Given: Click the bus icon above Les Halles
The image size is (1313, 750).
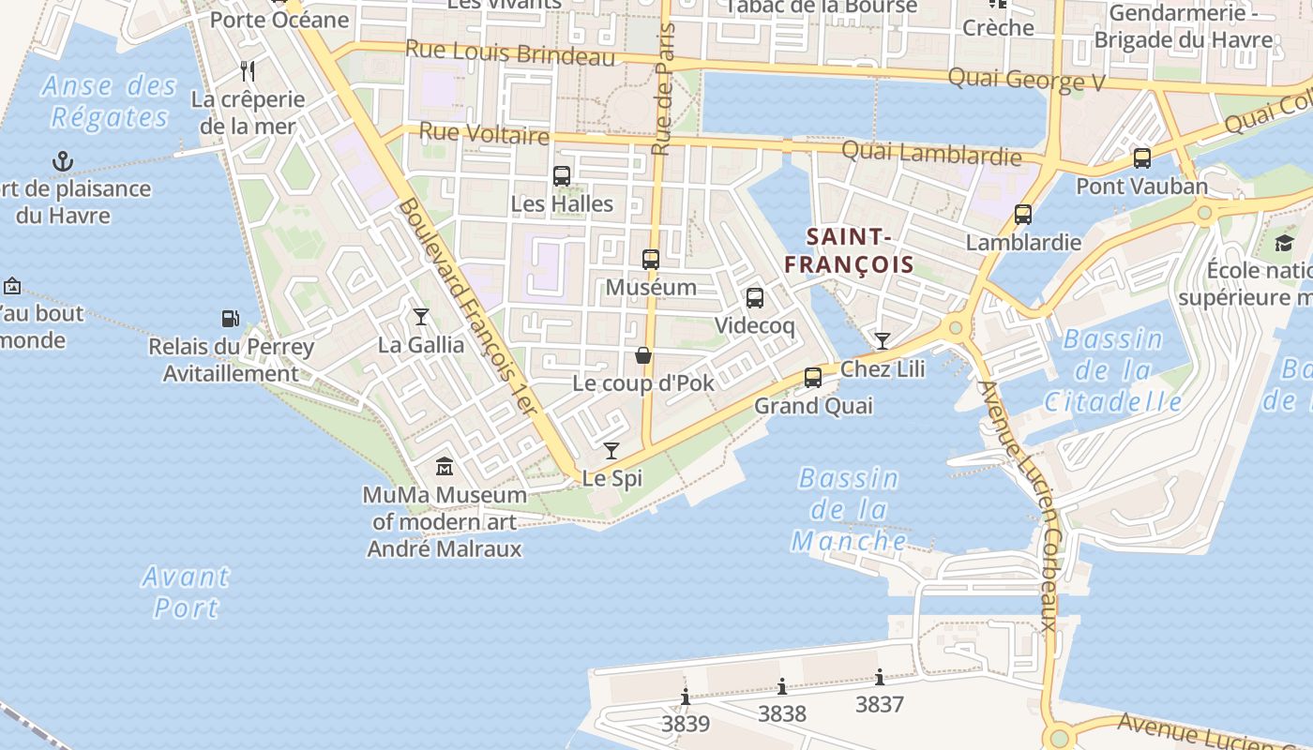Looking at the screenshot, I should (x=561, y=175).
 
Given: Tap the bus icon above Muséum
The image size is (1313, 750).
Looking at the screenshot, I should (x=650, y=260).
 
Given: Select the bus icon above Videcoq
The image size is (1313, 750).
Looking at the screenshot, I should (x=754, y=298).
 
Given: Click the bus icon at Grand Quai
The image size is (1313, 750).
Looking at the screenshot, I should (x=812, y=378).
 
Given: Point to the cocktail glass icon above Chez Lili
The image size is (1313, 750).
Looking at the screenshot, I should (x=882, y=340).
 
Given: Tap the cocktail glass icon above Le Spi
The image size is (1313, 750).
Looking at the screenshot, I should (x=611, y=451).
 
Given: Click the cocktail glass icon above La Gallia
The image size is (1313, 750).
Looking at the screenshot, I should (x=421, y=317).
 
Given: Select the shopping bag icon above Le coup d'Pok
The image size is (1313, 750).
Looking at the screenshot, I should (x=643, y=355).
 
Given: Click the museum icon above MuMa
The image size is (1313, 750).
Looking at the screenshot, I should (x=444, y=466).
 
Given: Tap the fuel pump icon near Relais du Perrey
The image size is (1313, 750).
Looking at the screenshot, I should (x=230, y=319).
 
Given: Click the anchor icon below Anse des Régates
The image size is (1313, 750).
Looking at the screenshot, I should (x=63, y=161).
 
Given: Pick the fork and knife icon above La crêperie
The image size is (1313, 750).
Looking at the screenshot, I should (x=248, y=70).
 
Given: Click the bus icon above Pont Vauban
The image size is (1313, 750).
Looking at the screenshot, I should (x=1141, y=157).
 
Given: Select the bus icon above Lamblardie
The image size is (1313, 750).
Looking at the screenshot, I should (x=1022, y=215).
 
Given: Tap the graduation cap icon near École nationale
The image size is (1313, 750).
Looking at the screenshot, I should (x=1283, y=244).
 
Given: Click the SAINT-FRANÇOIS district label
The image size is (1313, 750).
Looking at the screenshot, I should (x=849, y=250).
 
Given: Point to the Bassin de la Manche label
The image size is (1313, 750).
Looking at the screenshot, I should (x=849, y=510).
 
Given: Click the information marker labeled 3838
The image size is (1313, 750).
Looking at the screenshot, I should (x=782, y=686).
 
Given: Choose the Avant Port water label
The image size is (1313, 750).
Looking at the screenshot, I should (x=186, y=592).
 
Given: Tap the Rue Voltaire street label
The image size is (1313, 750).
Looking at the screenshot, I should (x=484, y=134).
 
